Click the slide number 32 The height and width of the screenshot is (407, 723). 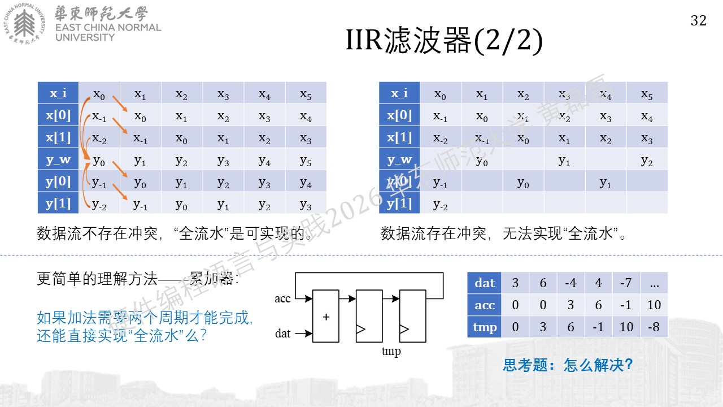click(699, 21)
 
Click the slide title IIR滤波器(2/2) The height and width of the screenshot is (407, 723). click(444, 40)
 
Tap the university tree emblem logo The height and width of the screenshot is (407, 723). click(24, 23)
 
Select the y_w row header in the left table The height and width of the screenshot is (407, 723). click(58, 159)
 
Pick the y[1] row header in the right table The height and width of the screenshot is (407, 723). click(399, 203)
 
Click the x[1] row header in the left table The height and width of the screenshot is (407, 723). click(58, 137)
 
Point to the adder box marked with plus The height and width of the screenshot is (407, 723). click(326, 316)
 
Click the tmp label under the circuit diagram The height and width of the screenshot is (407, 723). click(391, 351)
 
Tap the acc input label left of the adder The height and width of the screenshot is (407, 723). click(282, 298)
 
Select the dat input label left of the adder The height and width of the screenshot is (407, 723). click(282, 334)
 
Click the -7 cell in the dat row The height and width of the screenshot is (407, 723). click(626, 283)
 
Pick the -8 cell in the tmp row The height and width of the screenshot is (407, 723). click(654, 327)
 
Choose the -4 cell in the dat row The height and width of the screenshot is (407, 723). click(570, 283)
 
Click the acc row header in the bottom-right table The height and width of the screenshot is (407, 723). click(484, 305)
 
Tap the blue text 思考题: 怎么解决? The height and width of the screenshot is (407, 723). click(568, 365)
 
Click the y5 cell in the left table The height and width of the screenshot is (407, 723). click(306, 161)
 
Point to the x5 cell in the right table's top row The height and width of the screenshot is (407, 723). click(647, 94)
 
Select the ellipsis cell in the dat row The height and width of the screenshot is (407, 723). click(654, 283)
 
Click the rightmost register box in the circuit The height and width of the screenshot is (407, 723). click(413, 316)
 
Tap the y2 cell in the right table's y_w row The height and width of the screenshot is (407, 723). click(647, 161)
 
